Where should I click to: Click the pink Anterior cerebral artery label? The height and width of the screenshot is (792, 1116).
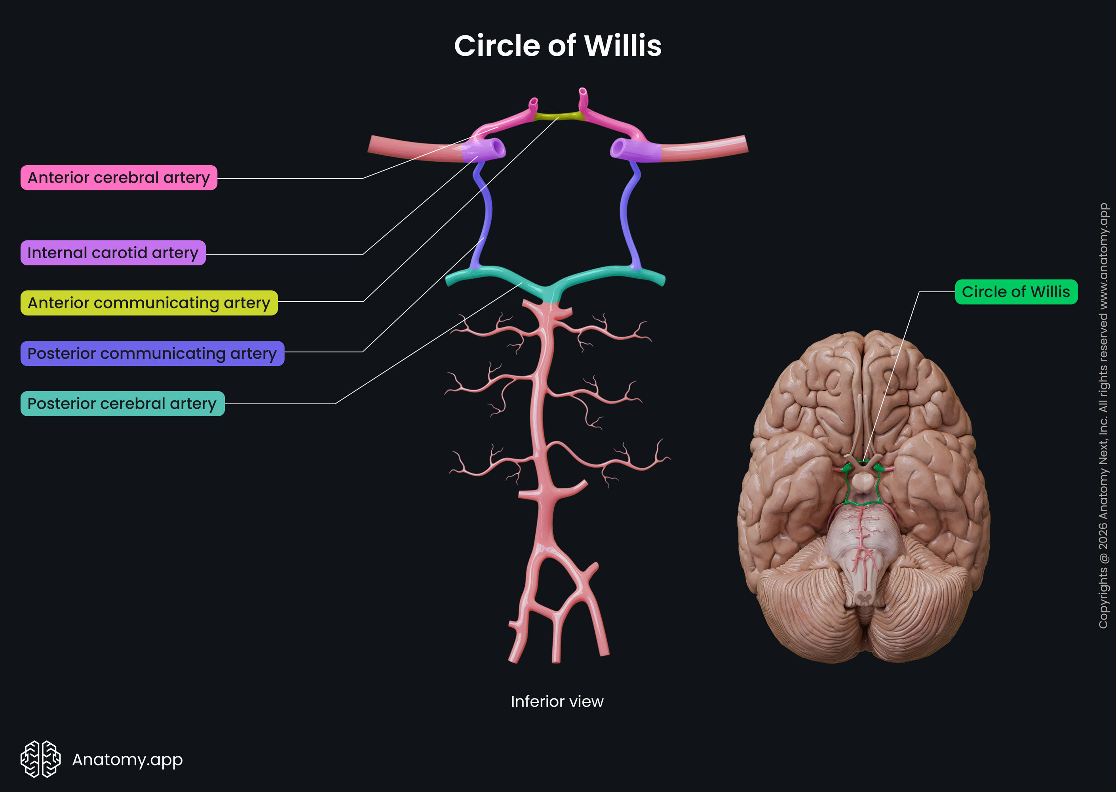[118, 177]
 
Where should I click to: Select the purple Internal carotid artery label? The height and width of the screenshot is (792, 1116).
[112, 253]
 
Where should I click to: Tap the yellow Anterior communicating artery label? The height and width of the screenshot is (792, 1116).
[149, 303]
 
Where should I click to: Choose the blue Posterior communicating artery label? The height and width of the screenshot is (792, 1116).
[152, 353]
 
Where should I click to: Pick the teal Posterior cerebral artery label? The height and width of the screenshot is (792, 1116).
[122, 403]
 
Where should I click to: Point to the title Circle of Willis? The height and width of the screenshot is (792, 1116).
[557, 46]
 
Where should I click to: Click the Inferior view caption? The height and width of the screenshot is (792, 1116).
[557, 701]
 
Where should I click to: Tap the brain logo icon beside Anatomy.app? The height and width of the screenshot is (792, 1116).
[40, 759]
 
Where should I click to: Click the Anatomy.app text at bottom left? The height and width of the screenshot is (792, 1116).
[127, 759]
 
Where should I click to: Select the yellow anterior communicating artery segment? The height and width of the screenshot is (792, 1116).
[558, 116]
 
